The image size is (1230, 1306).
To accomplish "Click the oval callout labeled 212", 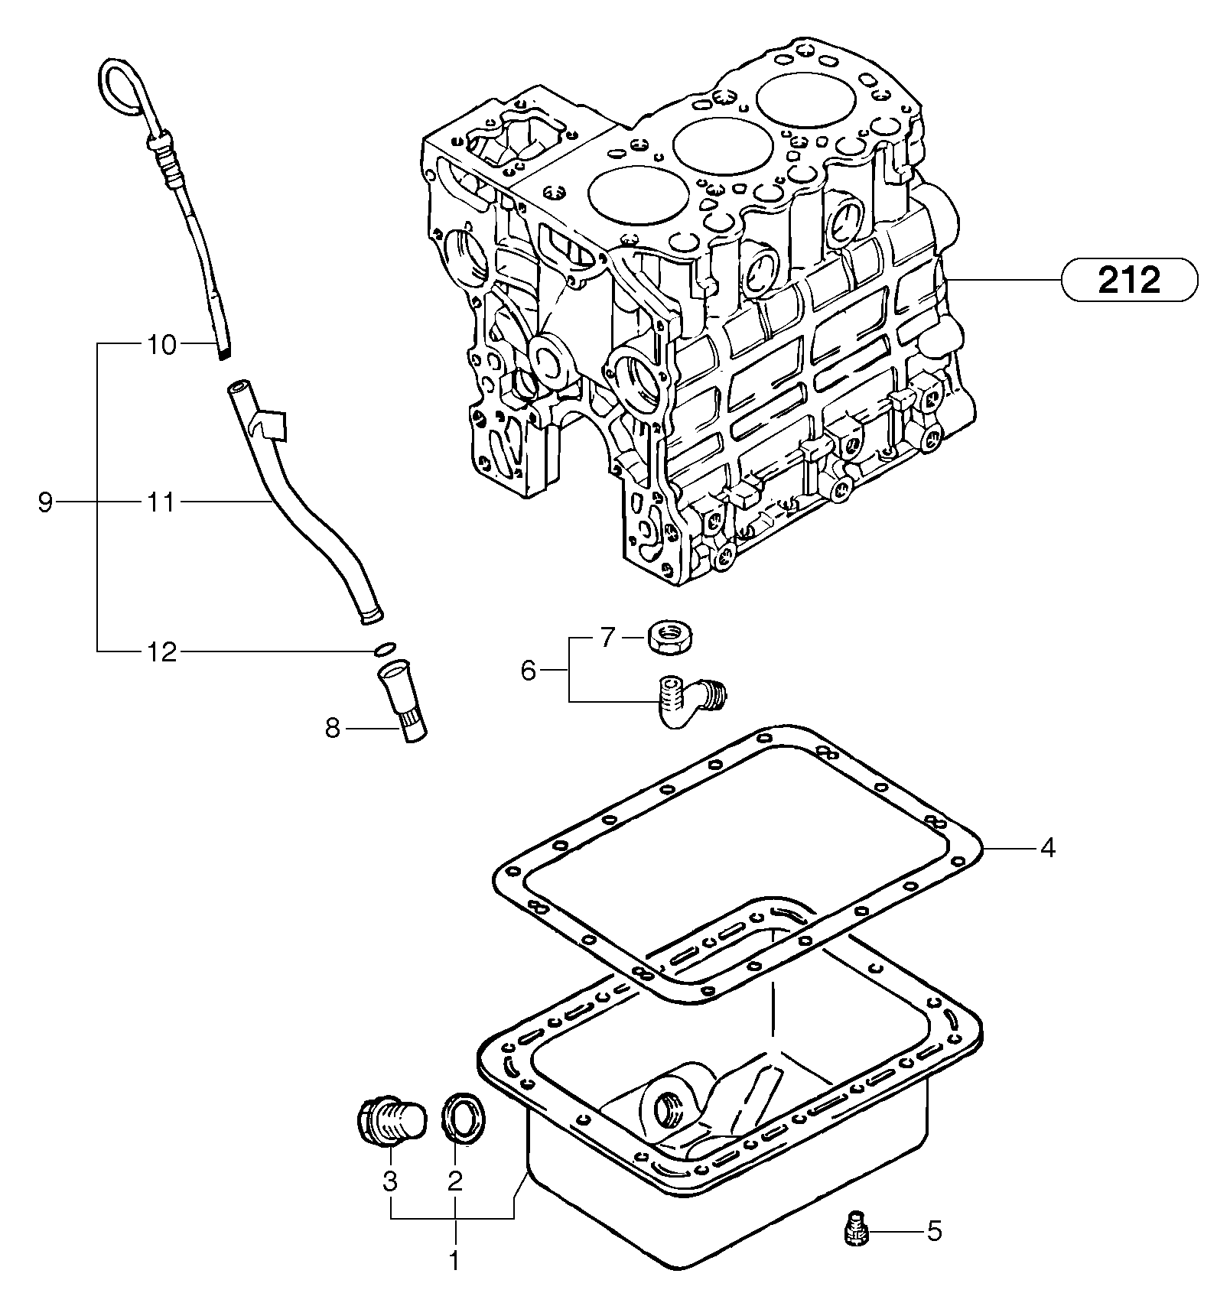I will click(x=1128, y=281).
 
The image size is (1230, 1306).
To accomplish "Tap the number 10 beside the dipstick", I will click(x=161, y=346).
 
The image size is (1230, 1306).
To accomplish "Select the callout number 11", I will click(x=161, y=503).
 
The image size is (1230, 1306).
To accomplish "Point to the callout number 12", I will click(x=161, y=652).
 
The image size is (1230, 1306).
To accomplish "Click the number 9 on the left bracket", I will click(x=45, y=503).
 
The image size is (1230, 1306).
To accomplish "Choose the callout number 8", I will click(x=332, y=729).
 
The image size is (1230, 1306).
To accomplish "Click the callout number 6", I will click(x=529, y=671).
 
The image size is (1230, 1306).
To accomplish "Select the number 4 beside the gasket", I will click(x=1047, y=848).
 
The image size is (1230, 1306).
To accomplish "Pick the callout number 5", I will click(x=935, y=1231).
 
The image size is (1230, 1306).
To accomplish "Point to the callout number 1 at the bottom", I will click(x=454, y=1261).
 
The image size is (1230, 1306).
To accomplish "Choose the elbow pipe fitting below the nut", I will click(x=685, y=698).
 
